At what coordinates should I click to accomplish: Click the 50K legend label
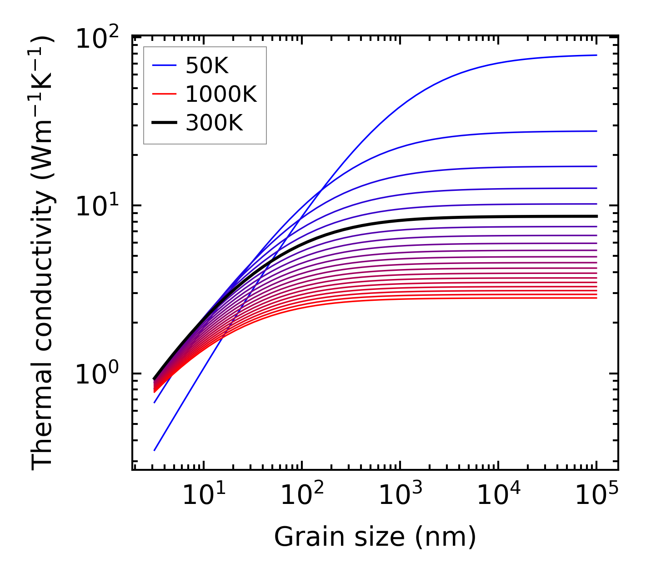tap(207, 66)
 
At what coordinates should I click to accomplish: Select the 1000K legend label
tap(221, 95)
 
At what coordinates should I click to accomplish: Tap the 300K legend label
tap(214, 123)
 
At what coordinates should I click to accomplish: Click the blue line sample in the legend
tap(164, 66)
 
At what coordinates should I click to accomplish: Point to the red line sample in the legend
tap(164, 95)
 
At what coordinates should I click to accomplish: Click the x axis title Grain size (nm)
tap(375, 537)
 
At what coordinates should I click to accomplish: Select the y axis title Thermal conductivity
tap(43, 252)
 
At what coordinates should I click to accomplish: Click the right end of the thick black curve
tap(596, 216)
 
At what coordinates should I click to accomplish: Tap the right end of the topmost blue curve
tap(596, 55)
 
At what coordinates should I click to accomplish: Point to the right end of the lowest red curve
tap(596, 298)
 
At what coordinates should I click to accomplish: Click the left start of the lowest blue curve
tap(155, 450)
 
